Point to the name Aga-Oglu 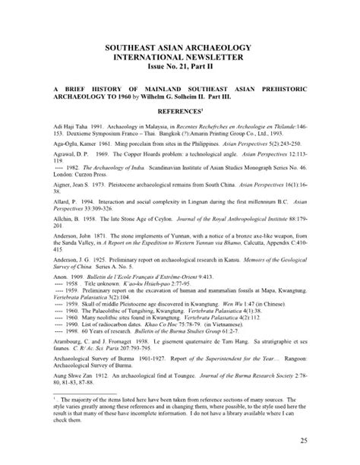[59, 143]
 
